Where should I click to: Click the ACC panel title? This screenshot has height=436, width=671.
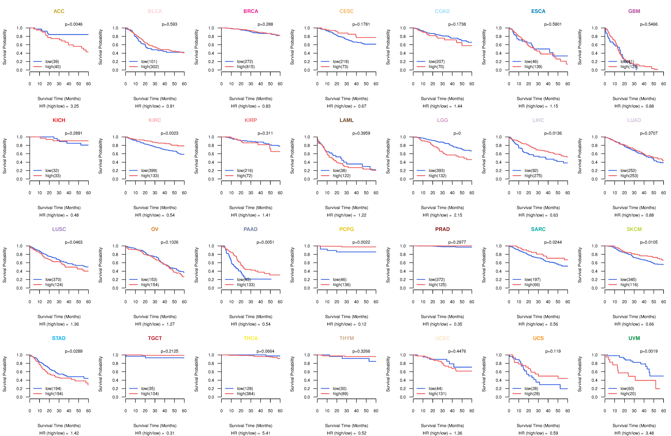[x=59, y=11]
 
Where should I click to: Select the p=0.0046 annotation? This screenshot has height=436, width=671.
[x=74, y=24]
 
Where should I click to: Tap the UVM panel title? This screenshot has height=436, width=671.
[x=634, y=338]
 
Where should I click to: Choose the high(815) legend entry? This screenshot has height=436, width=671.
[x=246, y=67]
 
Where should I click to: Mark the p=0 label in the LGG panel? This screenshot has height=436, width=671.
[x=457, y=133]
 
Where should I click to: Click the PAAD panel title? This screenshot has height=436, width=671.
[x=250, y=229]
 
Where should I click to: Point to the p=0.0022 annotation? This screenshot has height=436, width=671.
[x=361, y=242]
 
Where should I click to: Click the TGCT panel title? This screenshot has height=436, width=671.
[x=155, y=338]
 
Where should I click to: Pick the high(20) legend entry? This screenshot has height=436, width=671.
[x=628, y=394]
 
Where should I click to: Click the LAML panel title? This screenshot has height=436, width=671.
[x=346, y=120]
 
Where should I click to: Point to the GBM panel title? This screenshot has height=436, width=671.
[x=634, y=11]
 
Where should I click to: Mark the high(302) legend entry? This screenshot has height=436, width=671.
[x=150, y=67]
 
